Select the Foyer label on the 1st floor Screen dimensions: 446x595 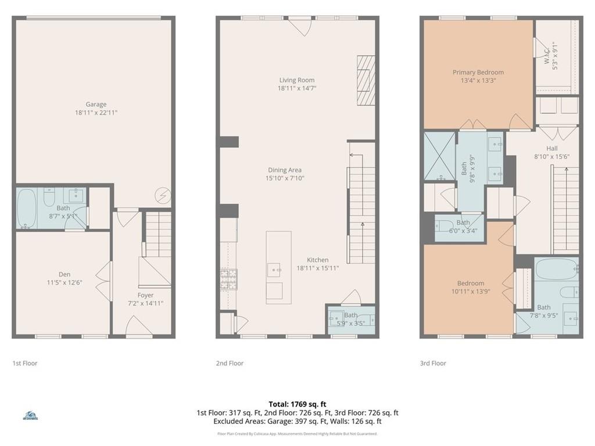(145, 295)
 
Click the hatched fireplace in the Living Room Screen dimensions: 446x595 (366, 81)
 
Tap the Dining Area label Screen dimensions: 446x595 (285, 170)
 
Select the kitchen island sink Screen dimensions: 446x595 (275, 269)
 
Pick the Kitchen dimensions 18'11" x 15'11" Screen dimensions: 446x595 (318, 268)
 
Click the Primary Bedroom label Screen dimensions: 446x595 (478, 73)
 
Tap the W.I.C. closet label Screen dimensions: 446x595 (551, 55)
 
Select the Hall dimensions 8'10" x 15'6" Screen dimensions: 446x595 (551, 156)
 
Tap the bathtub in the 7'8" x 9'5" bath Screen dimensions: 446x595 (556, 269)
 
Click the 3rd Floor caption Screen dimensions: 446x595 (432, 363)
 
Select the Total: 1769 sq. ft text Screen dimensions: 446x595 (297, 404)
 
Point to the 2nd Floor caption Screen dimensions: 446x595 (230, 363)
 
